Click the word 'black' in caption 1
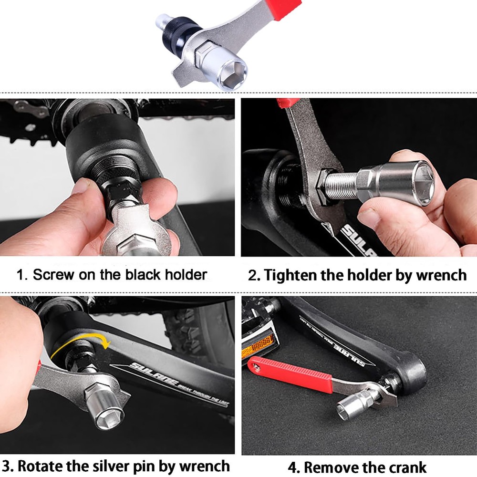coord(143,275)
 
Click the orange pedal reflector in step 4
coord(258,346)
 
